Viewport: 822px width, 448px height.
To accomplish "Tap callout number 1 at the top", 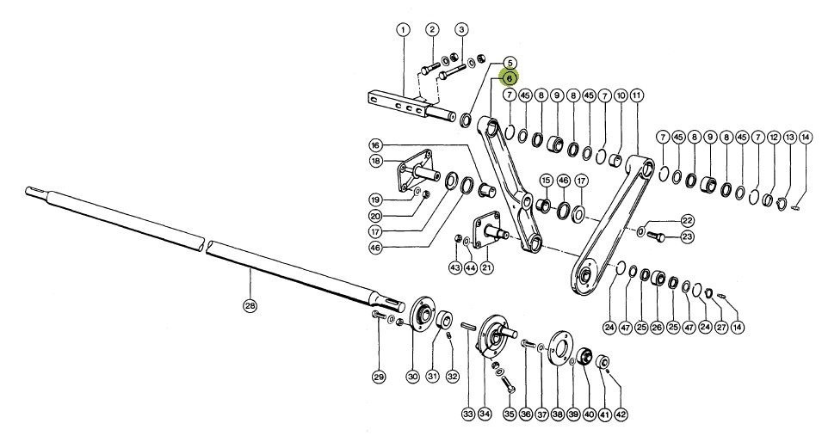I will [402, 30].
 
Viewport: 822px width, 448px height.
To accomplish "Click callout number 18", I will [375, 161].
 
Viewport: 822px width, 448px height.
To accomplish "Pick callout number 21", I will [487, 268].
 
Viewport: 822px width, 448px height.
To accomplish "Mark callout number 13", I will [789, 138].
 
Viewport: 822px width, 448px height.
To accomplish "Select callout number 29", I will [378, 376].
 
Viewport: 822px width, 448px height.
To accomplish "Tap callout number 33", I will [467, 414].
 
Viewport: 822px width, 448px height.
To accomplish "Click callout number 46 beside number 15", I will [563, 181].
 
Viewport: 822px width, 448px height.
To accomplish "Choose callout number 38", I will [557, 414].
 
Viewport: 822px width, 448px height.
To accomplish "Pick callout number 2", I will [432, 30].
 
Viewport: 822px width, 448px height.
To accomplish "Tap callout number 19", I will [375, 199].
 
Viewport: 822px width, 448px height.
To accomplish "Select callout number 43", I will [454, 268].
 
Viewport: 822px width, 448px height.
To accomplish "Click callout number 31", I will [432, 376].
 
